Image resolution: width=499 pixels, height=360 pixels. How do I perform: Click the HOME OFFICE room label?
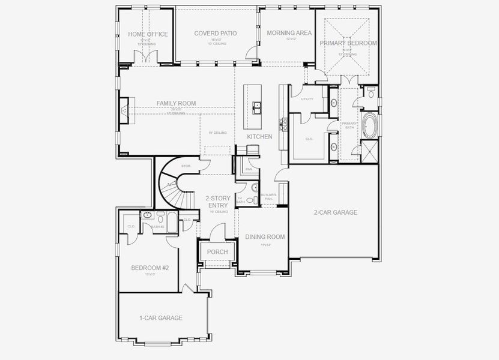click(148, 34)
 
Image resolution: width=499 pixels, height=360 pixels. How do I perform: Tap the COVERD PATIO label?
click(215, 34)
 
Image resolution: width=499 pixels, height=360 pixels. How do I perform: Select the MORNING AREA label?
click(289, 33)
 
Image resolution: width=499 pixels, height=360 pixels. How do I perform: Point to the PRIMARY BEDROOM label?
click(348, 43)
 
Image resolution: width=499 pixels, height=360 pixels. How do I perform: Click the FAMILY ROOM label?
click(176, 104)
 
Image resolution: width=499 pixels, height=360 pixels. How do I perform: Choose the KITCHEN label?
click(259, 137)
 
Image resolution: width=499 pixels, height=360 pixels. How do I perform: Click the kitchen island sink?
click(257, 107)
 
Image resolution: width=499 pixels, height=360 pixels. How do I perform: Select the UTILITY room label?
click(307, 99)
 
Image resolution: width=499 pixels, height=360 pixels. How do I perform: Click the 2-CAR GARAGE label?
click(335, 212)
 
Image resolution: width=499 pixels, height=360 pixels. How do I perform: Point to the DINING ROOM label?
click(265, 237)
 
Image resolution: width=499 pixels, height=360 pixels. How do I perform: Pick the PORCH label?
click(217, 252)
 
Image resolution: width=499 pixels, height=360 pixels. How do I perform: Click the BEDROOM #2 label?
click(150, 268)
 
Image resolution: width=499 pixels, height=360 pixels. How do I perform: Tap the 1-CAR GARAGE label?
click(160, 318)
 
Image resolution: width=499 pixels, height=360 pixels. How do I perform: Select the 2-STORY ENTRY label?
click(217, 202)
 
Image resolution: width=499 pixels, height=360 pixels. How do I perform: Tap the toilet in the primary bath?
click(370, 93)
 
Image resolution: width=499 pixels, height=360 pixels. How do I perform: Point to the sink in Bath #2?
click(148, 215)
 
